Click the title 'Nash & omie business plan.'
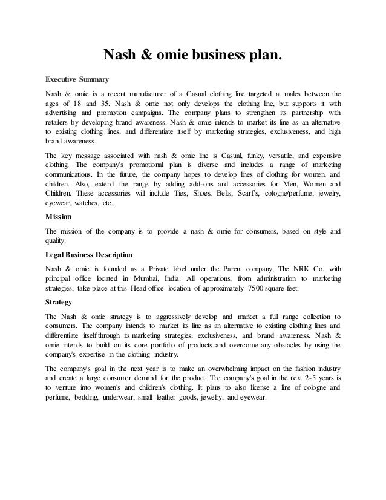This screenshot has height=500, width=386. click(193, 56)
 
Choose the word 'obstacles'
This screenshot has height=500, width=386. click(270, 344)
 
